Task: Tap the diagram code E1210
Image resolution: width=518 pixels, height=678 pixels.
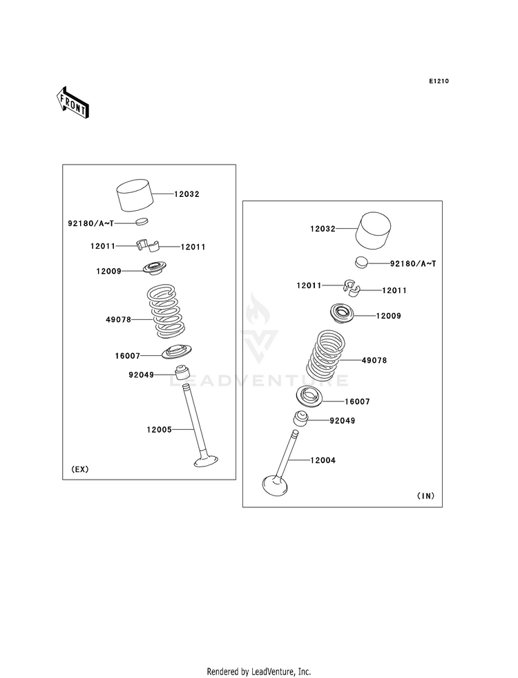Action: point(439,82)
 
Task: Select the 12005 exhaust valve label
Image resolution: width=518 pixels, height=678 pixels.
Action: point(159,429)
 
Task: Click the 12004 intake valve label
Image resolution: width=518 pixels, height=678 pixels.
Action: point(323,460)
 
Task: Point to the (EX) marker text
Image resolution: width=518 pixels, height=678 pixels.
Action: point(79,469)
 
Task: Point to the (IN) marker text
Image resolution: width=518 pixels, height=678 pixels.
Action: point(425,496)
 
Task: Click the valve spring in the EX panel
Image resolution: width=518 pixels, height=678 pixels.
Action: point(166,314)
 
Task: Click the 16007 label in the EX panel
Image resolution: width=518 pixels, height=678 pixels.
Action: point(128,356)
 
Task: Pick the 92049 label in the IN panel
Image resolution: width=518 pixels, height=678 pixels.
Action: point(342,420)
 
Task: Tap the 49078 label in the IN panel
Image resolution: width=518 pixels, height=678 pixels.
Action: point(374,360)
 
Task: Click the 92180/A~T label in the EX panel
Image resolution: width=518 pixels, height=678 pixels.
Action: point(90,223)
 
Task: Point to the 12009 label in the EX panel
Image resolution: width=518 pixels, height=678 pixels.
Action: point(109,272)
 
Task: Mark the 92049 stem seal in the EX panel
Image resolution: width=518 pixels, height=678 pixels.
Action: point(184,373)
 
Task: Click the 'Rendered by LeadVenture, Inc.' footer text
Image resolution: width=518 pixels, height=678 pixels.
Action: point(259,671)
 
